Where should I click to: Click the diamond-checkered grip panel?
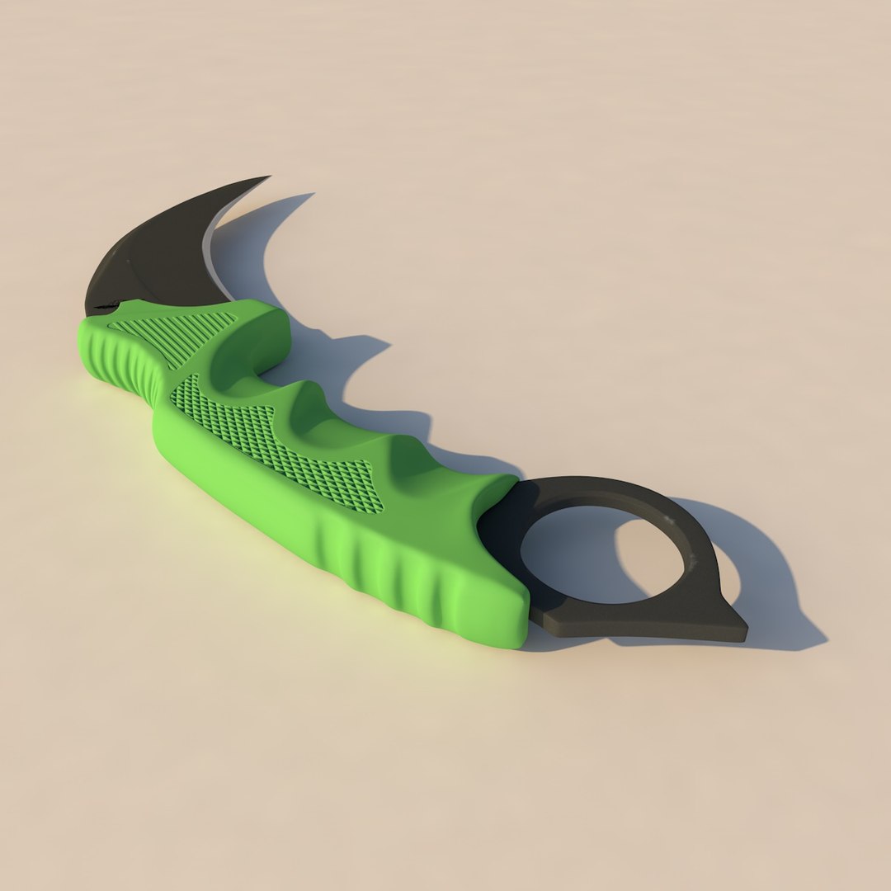pos(272,441)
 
